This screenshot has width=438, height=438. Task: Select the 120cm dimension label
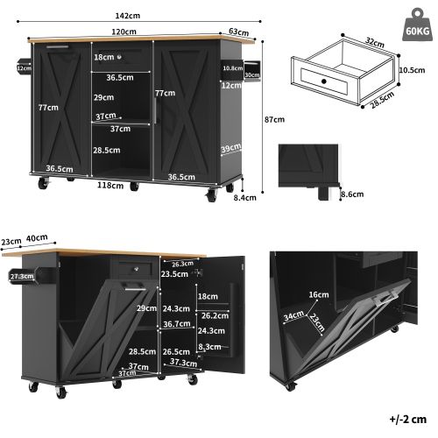(124, 32)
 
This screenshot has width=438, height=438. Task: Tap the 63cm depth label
(238, 32)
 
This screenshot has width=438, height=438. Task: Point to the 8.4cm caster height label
(245, 197)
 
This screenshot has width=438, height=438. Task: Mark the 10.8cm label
(232, 68)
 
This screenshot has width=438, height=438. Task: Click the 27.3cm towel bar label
(20, 276)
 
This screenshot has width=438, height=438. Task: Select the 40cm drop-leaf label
(37, 237)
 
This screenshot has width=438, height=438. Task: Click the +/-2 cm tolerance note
(406, 420)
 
